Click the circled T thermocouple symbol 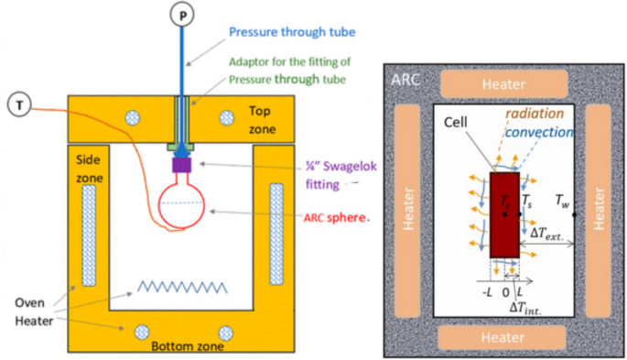pos(18,104)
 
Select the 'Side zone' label pos(89,167)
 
